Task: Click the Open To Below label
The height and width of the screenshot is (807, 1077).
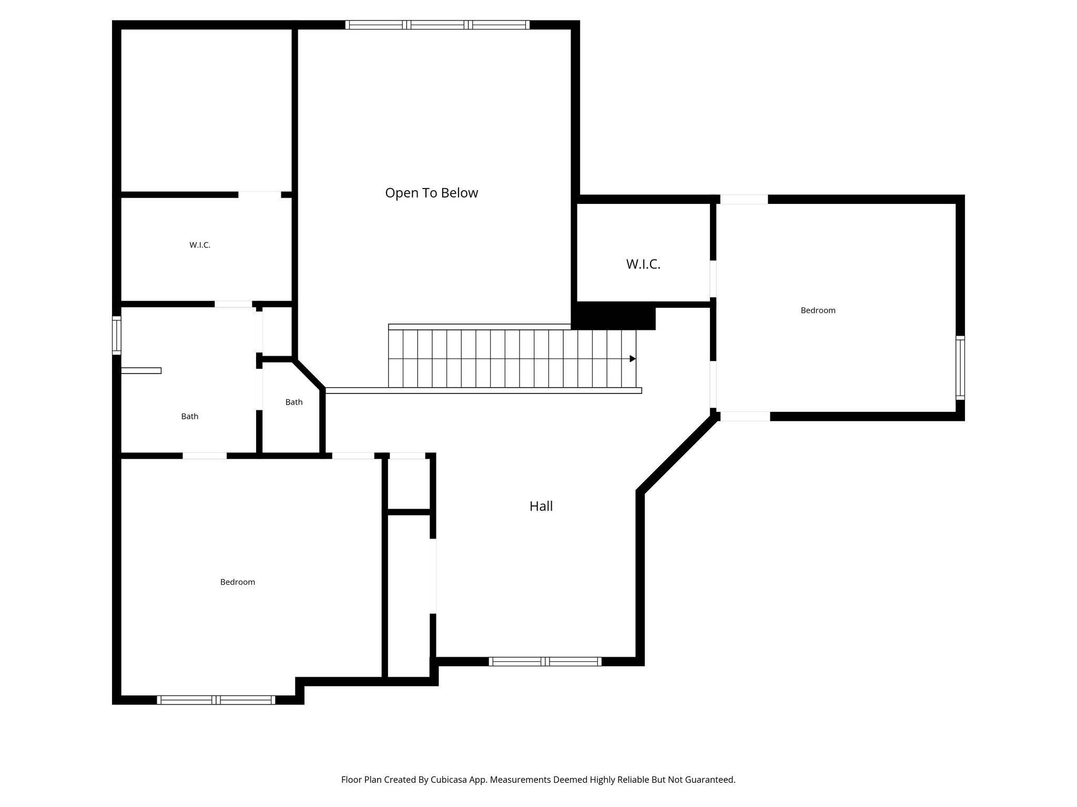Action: click(x=431, y=193)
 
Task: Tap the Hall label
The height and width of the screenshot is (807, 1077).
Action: click(x=541, y=506)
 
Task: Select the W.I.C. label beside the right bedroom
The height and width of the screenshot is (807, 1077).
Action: click(x=643, y=264)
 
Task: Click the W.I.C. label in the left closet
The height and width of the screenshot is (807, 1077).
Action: click(x=200, y=245)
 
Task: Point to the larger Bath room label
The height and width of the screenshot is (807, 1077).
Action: click(x=189, y=416)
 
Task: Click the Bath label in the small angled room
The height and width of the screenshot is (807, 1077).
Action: click(x=294, y=402)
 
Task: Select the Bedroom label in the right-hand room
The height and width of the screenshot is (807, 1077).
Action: click(x=818, y=311)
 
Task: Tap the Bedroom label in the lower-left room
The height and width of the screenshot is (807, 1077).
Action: click(x=237, y=582)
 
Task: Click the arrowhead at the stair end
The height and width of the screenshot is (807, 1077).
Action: click(x=633, y=359)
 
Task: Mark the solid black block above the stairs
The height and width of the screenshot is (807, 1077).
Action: click(x=614, y=316)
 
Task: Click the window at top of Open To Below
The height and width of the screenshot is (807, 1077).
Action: click(x=437, y=25)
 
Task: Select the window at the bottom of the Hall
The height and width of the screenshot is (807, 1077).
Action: click(x=545, y=661)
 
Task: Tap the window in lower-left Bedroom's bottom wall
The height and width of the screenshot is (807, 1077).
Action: click(x=216, y=700)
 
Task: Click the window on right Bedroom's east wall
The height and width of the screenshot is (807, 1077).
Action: click(x=960, y=368)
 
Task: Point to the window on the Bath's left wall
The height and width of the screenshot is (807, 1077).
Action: click(x=117, y=335)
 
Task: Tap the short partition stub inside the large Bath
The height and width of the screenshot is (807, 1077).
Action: click(x=141, y=370)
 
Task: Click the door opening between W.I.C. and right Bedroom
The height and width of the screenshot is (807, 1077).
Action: click(x=713, y=278)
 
